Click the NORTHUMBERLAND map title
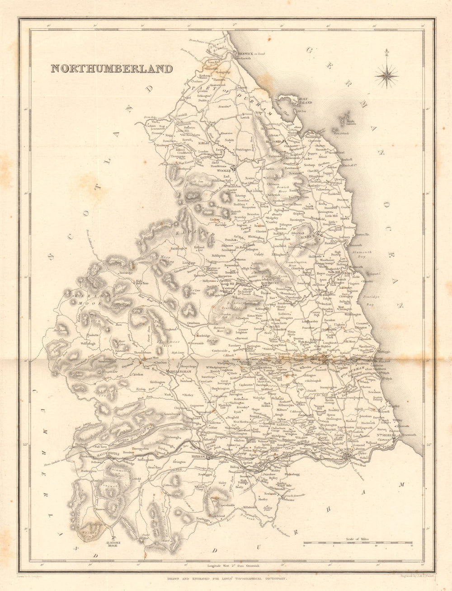111,69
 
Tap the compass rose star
386,74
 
